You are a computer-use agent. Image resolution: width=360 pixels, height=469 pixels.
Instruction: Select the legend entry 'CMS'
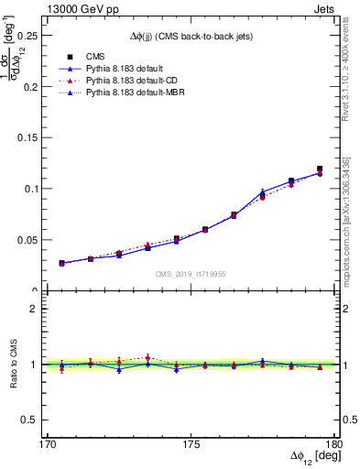tap(96, 55)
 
